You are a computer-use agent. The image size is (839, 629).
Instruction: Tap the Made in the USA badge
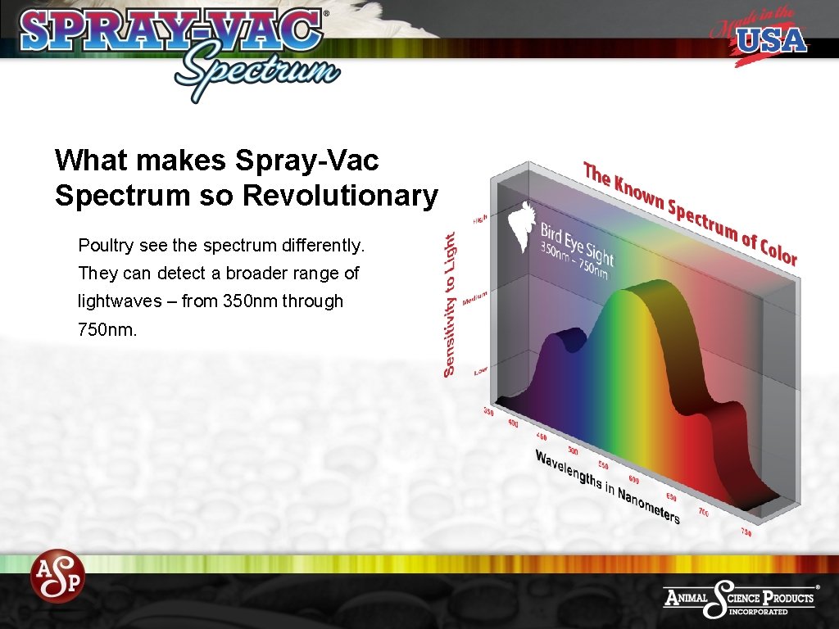point(758,38)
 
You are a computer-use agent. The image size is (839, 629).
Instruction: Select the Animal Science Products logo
point(740,600)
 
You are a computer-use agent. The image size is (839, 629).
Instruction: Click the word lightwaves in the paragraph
point(119,301)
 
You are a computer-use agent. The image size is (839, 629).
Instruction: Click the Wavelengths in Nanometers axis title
point(607,486)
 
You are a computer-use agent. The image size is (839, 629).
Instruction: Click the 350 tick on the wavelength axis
point(489,412)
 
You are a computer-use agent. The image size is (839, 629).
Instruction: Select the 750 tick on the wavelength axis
point(746,532)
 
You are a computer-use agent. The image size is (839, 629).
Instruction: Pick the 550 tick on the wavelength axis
point(603,464)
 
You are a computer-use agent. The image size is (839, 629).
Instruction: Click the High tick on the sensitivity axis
point(480,219)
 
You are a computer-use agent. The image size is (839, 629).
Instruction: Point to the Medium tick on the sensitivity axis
point(475,298)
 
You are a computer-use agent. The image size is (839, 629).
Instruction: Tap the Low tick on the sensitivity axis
point(480,372)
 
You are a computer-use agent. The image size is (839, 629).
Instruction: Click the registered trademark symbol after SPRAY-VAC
point(327,14)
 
